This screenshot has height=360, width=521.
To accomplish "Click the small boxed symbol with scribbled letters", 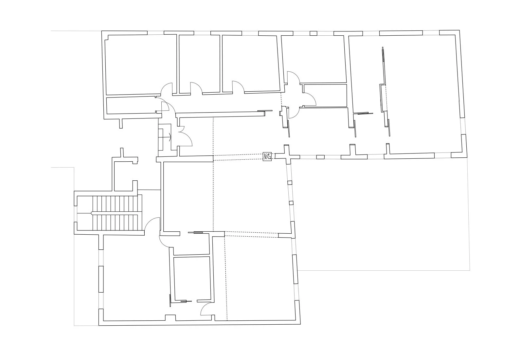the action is pyautogui.click(x=267, y=156).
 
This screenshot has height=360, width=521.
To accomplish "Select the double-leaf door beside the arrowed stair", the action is pyautogui.click(x=185, y=136).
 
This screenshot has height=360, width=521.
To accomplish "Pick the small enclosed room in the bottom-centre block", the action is pyautogui.click(x=191, y=278).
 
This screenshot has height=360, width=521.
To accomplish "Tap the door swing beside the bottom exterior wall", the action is pyautogui.click(x=207, y=309).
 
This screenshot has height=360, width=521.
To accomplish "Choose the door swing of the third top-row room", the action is pyautogui.click(x=238, y=86).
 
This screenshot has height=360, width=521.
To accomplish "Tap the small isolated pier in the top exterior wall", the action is pyautogui.click(x=314, y=33).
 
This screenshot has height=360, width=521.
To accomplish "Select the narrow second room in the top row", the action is pyautogui.click(x=199, y=62).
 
